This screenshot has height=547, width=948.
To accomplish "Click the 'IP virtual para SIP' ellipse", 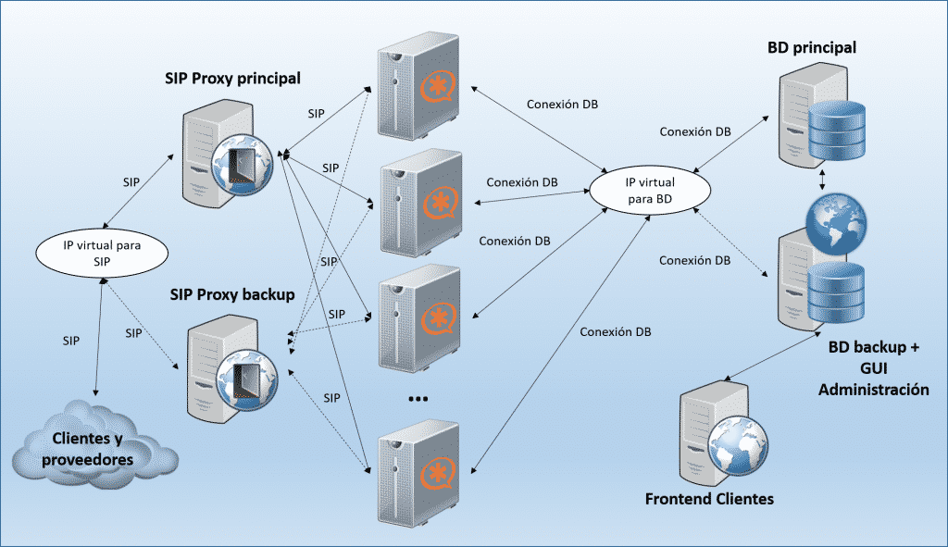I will tap(101, 251).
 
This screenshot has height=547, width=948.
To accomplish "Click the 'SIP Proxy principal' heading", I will tap(232, 78).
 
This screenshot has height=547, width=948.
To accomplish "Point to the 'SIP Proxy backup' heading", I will tap(231, 295).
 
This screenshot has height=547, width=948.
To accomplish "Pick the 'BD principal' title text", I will tap(811, 46).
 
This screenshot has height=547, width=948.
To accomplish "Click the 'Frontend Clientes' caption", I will tap(708, 499).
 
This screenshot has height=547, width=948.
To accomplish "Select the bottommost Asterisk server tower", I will tap(418, 470).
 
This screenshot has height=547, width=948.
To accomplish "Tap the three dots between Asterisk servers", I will tap(418, 399).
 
